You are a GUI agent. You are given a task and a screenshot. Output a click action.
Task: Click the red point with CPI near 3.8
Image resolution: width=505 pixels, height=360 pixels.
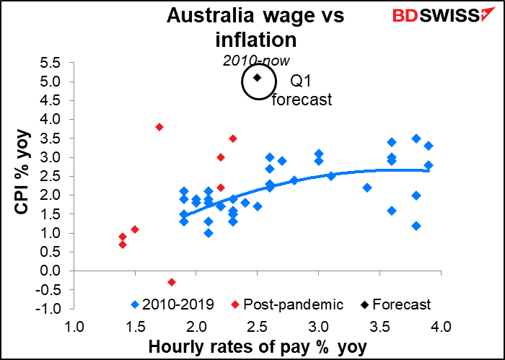click(x=159, y=127)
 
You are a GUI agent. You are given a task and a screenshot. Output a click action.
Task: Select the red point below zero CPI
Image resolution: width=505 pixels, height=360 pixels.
click(x=172, y=282)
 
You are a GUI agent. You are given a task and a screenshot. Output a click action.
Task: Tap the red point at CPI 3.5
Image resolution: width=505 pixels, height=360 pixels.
click(x=232, y=139)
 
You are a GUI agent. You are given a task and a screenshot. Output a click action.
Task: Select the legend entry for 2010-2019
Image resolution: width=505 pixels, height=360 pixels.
click(x=168, y=304)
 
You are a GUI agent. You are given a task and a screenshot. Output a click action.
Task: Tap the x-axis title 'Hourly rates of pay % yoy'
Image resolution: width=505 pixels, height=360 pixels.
click(x=258, y=347)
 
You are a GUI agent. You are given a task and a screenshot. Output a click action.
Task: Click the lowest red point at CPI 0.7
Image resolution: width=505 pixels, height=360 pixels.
click(x=123, y=245)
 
